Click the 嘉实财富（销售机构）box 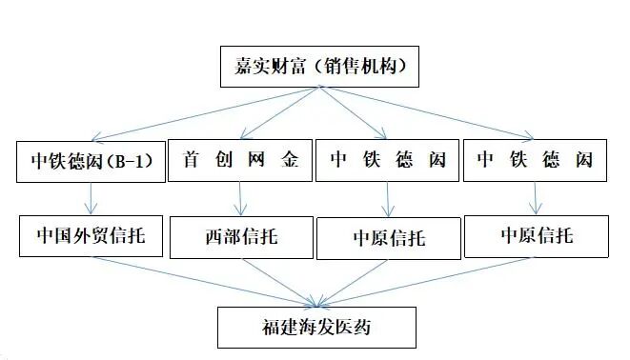(316, 66)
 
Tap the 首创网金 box (240, 161)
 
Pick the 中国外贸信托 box (91, 232)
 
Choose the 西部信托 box (241, 235)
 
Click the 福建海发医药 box (316, 327)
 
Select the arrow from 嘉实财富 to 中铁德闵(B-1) (200, 114)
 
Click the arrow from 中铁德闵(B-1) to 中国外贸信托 (91, 198)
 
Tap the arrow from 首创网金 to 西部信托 (240, 198)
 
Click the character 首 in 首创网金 (188, 161)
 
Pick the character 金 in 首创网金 (291, 161)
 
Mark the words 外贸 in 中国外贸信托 (91, 232)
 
